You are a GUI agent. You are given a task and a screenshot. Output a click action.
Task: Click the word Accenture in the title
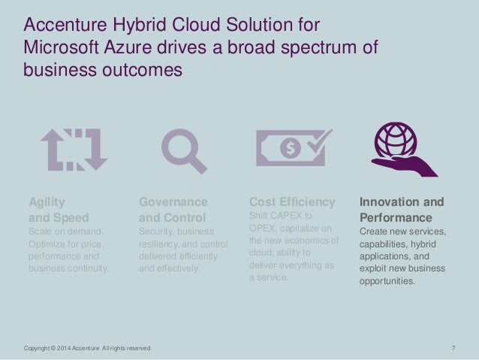tap(61, 27)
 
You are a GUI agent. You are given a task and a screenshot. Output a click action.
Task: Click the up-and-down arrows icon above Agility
tap(74, 149)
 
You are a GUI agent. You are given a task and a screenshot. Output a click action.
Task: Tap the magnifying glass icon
tap(184, 150)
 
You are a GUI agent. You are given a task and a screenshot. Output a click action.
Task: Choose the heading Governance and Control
tap(173, 209)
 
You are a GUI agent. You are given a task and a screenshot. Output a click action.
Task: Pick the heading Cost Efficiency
tap(291, 202)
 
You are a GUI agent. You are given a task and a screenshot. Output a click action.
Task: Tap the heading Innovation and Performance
tap(401, 209)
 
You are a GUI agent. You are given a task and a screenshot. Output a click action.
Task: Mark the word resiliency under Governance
tap(160, 244)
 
